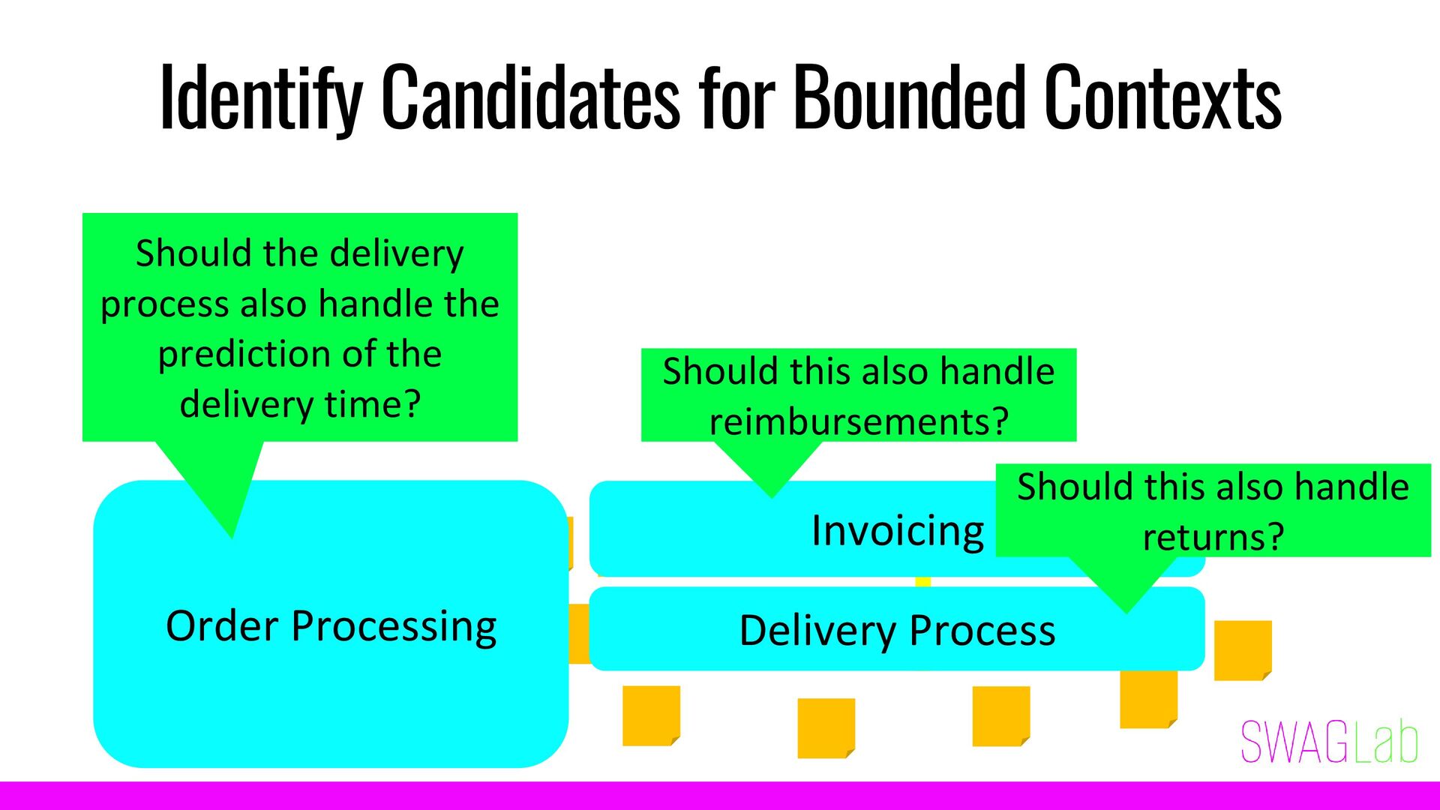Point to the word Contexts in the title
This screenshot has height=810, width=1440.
[x=1162, y=97]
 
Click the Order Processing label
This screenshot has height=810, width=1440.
[x=331, y=626]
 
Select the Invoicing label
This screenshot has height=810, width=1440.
[x=898, y=531]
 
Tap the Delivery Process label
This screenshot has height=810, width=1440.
[x=897, y=630]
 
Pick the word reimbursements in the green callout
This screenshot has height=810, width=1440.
[x=859, y=421]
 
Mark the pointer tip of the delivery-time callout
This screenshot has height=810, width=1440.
[x=232, y=535]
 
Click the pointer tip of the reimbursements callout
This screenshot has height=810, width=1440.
[x=772, y=496]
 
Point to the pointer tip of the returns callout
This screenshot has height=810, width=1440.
[x=1126, y=611]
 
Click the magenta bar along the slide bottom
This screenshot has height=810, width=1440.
[x=720, y=796]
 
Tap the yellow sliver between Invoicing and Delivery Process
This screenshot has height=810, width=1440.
[x=923, y=582]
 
